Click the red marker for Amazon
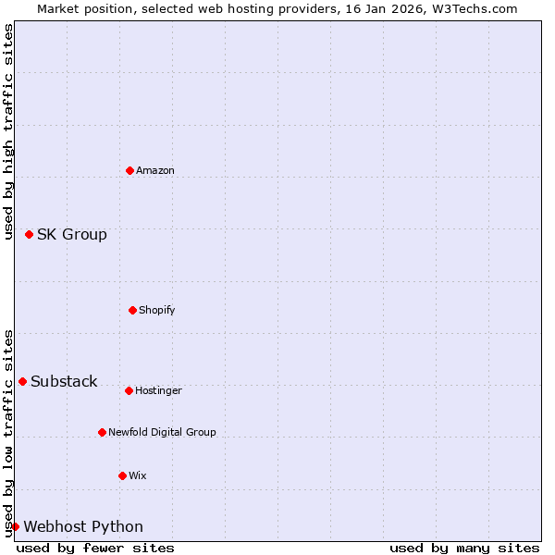129,170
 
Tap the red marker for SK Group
29,234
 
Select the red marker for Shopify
132,310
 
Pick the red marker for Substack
22,381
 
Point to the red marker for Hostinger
129,390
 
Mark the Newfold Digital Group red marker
102,432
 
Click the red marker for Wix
122,475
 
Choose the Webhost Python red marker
15,526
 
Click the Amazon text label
155,170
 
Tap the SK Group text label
72,234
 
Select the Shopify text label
157,310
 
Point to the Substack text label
64,381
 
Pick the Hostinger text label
158,390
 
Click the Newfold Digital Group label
162,432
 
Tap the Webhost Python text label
83,526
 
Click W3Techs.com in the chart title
473,8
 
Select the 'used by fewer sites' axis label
95,548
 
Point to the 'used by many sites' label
464,548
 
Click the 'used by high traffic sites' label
8,131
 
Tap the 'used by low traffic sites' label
8,432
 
